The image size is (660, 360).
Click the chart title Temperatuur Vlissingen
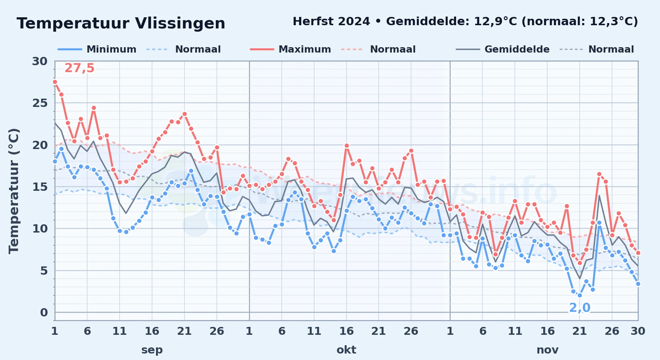121,23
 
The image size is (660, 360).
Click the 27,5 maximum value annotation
79,68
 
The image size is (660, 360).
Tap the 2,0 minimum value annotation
580,308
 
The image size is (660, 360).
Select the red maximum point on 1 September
55,82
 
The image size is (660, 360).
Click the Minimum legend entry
97,49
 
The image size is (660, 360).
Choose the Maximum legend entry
290,49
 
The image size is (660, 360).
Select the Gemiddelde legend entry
503,49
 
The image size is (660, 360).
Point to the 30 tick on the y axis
40,61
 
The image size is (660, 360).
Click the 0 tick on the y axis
44,312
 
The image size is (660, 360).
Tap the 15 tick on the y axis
40,187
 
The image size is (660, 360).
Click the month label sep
152,350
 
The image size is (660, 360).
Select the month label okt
347,350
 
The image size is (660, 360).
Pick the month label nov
548,350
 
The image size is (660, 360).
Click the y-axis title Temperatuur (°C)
14,191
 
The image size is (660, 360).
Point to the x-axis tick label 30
638,331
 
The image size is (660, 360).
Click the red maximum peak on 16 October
347,146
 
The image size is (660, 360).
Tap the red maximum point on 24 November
599,174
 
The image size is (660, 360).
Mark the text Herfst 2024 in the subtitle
331,22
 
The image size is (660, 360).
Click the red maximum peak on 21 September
184,114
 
